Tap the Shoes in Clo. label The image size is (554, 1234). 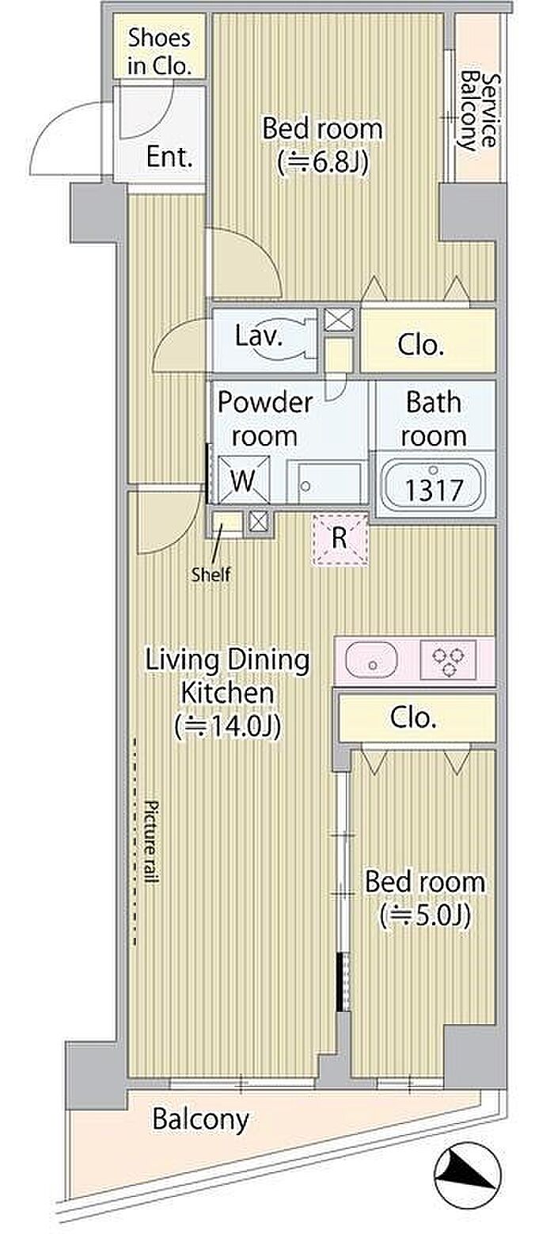(159, 51)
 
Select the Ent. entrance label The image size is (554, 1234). (169, 158)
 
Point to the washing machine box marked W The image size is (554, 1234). (244, 480)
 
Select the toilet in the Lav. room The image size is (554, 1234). (291, 338)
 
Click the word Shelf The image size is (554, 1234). (211, 575)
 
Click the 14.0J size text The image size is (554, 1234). (227, 727)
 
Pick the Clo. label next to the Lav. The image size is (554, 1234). (421, 345)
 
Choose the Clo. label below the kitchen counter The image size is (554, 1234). (413, 718)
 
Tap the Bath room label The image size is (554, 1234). (434, 420)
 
